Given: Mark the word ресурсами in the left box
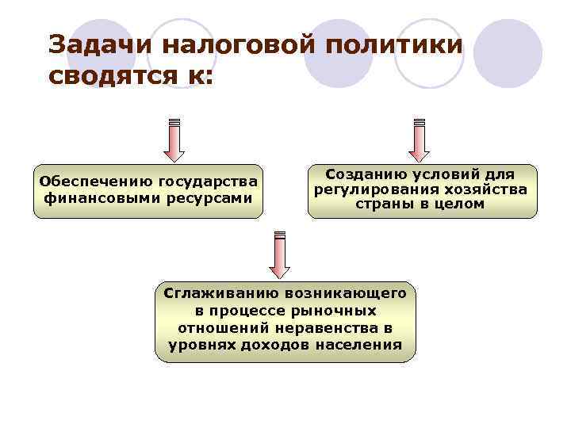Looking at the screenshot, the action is pyautogui.click(x=215, y=197).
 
